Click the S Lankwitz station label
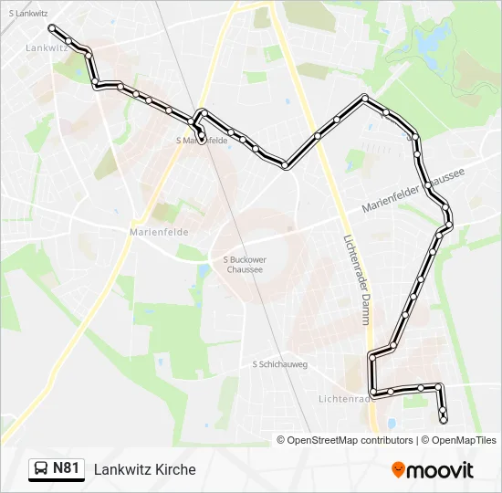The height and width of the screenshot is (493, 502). point(28,14)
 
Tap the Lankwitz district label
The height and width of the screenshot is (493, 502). point(46,47)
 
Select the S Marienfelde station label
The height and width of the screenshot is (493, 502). point(201,141)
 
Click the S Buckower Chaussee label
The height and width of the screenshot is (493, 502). point(244,264)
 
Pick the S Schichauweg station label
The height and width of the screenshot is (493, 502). point(280,363)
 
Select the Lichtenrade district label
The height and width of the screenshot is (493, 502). point(343,399)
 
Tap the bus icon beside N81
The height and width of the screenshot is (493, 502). point(42,469)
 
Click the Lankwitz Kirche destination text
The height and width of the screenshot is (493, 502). point(144,469)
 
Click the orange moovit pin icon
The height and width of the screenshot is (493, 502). point(398,469)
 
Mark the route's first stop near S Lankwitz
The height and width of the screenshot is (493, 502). point(52,27)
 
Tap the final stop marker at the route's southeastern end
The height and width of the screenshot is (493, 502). point(444,420)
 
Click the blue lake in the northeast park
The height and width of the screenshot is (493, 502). point(428,38)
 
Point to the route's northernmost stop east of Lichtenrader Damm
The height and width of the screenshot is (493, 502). point(365,98)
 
